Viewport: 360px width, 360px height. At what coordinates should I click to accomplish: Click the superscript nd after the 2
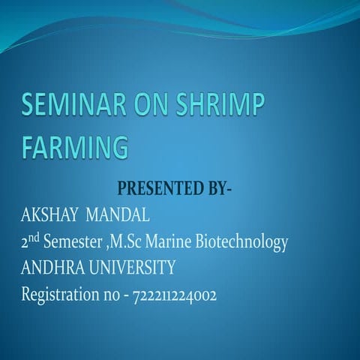click(34, 238)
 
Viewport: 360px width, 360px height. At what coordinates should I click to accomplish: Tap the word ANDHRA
click(50, 267)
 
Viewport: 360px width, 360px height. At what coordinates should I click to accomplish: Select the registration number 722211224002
click(174, 295)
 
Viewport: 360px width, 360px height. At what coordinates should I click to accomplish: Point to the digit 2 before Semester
click(25, 243)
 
